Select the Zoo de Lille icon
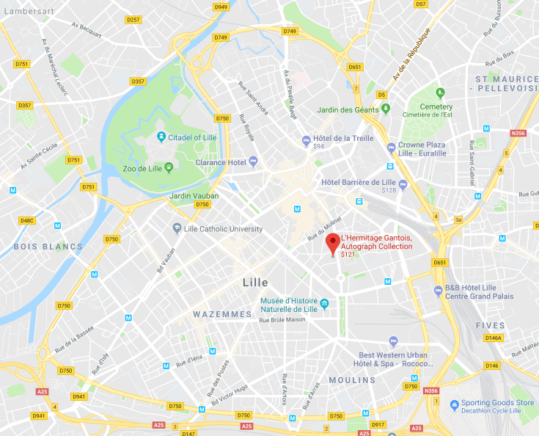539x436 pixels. tap(169, 167)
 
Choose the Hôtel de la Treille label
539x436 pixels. tap(343, 138)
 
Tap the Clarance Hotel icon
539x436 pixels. tap(254, 161)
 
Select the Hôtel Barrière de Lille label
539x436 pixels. tap(359, 182)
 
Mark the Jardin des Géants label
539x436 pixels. tap(348, 110)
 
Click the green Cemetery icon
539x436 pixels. tap(440, 93)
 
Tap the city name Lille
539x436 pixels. tap(255, 283)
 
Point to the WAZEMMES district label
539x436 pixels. tap(222, 314)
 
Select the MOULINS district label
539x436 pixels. tap(352, 380)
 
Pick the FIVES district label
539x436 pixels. tap(490, 325)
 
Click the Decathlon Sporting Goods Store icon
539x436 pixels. tap(455, 404)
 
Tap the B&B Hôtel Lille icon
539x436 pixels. tap(439, 289)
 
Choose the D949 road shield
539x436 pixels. tap(221, 7)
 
